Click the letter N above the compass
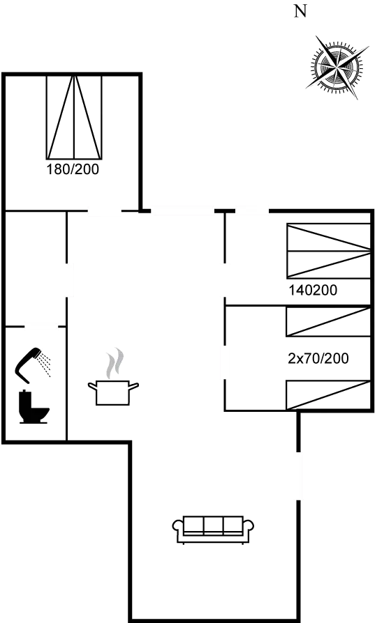(301, 11)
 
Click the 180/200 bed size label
(73, 169)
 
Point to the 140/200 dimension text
(313, 290)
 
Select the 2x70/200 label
(318, 359)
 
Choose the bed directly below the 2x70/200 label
(327, 394)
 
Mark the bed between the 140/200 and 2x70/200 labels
(327, 322)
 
